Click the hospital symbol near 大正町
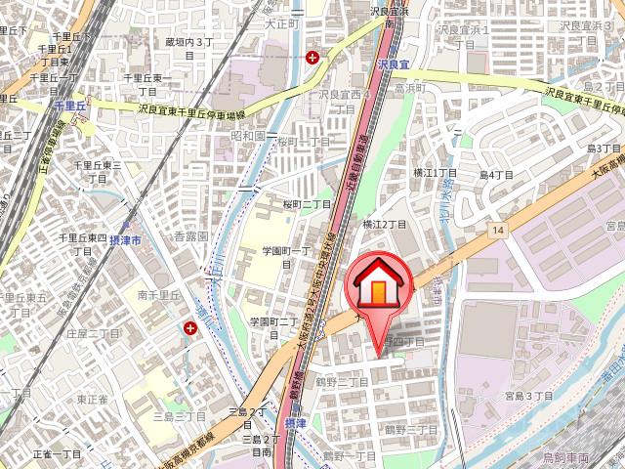(312, 58)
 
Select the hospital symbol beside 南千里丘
(187, 329)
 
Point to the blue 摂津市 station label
(148, 239)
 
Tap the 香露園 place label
(190, 237)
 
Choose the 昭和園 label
(248, 137)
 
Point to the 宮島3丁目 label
(528, 396)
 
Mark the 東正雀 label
(93, 399)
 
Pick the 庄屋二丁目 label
(93, 332)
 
